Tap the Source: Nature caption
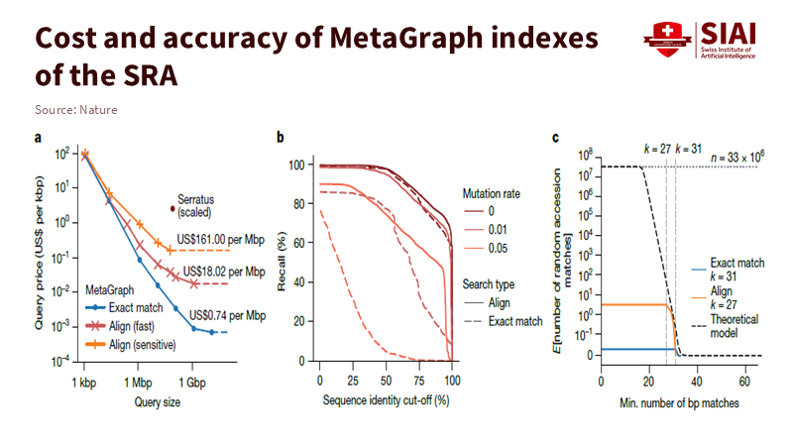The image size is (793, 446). [75, 109]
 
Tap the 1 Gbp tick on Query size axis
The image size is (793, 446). [193, 381]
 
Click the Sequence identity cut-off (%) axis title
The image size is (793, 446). [387, 401]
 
